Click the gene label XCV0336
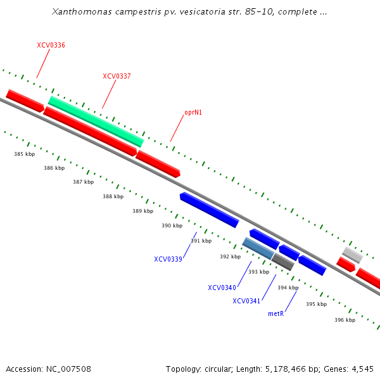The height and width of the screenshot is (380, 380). click(x=51, y=46)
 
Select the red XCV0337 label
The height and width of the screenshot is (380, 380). click(x=117, y=76)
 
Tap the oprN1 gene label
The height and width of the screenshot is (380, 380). click(x=193, y=113)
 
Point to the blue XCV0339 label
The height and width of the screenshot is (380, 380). click(x=168, y=259)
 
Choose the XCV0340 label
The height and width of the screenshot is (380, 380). click(x=222, y=288)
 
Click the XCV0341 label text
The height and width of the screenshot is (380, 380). click(x=246, y=301)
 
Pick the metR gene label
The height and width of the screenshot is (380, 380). click(x=275, y=313)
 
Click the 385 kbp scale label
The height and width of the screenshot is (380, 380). click(x=24, y=154)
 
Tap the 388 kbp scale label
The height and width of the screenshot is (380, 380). click(x=113, y=196)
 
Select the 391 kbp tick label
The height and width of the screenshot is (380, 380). click(x=201, y=241)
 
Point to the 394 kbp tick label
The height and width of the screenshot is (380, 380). click(x=288, y=288)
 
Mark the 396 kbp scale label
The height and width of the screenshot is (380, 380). click(x=345, y=320)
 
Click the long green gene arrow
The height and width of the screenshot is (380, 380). click(x=96, y=121)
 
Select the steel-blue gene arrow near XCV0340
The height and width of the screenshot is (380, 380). click(x=258, y=248)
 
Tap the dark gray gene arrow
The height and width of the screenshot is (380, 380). click(x=282, y=262)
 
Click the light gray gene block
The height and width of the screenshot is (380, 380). click(x=352, y=255)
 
